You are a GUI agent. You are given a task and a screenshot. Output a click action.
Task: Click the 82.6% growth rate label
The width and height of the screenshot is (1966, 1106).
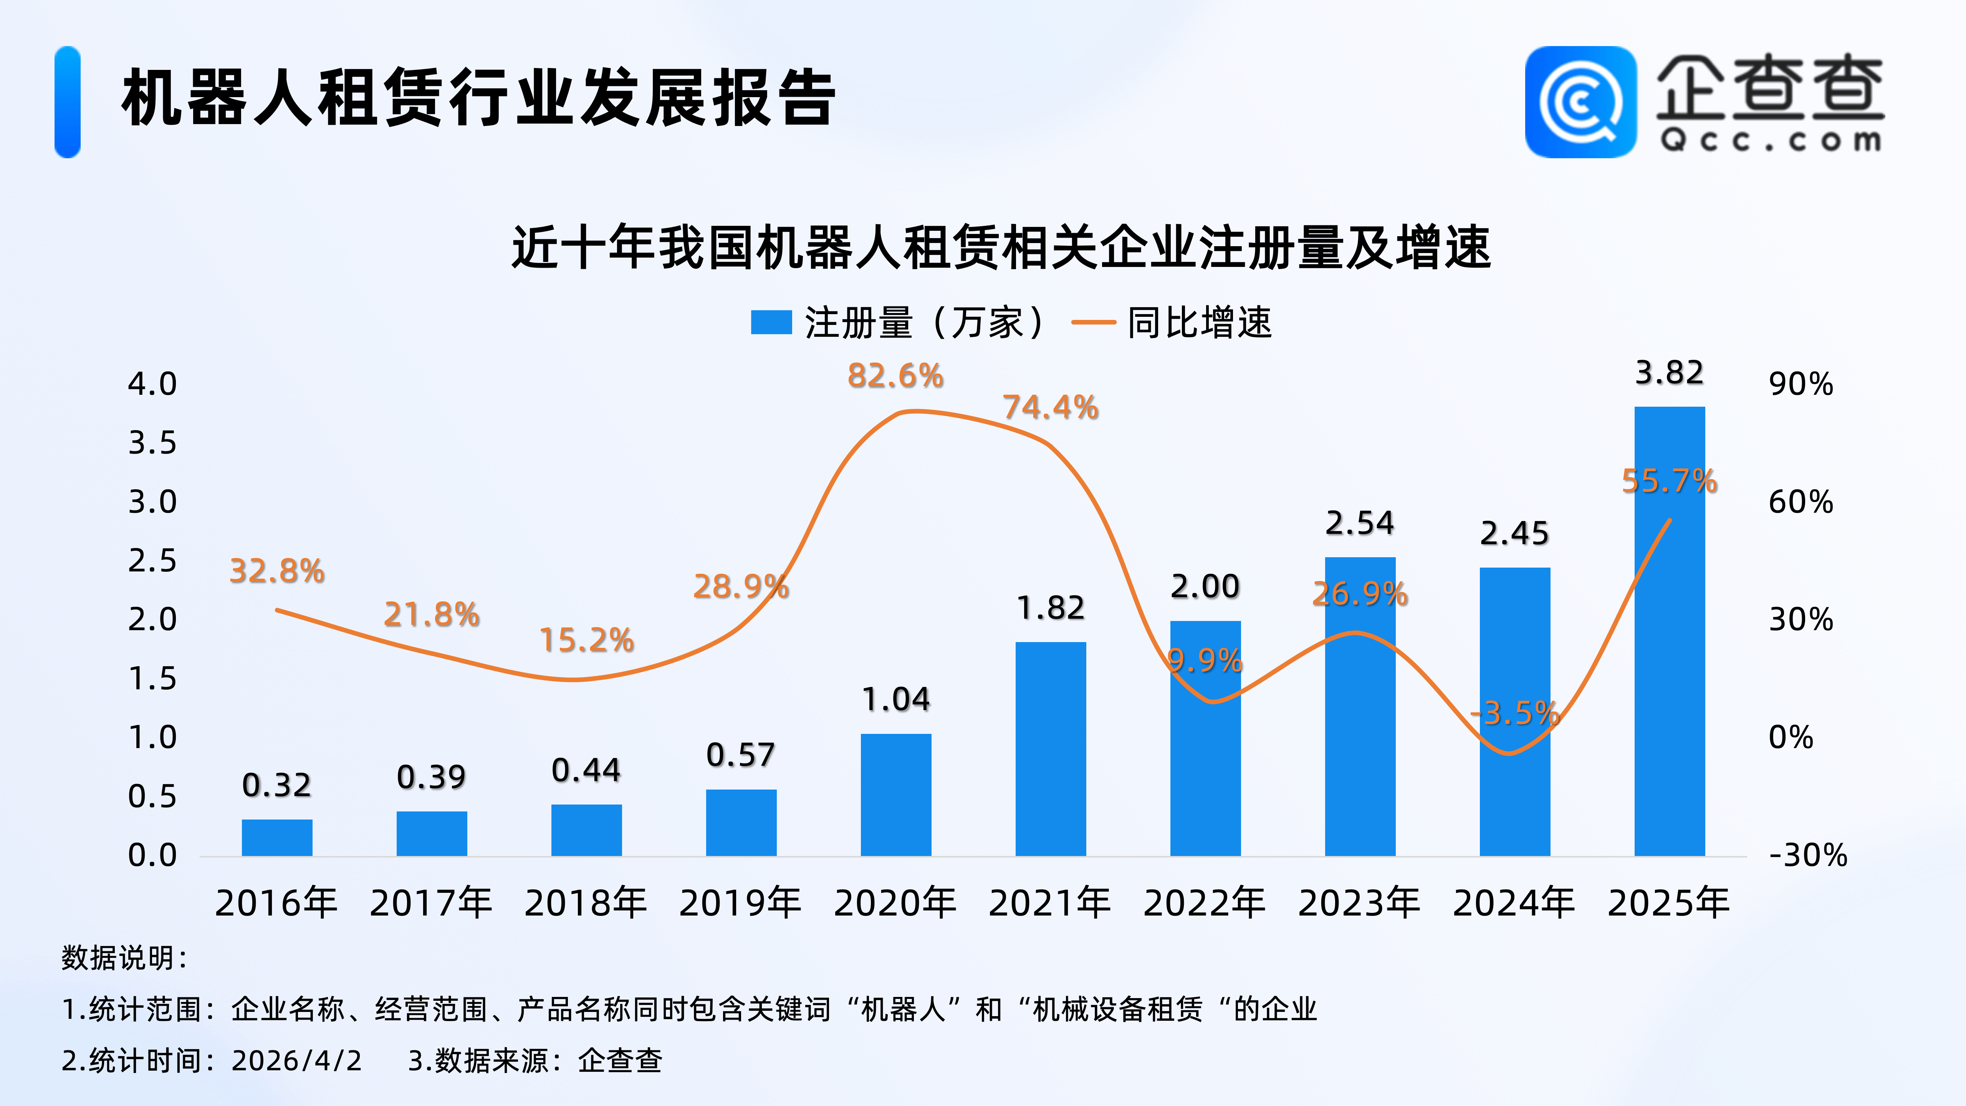pyautogui.click(x=895, y=376)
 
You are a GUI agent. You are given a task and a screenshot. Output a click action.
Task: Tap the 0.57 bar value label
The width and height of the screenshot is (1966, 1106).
pyautogui.click(x=740, y=755)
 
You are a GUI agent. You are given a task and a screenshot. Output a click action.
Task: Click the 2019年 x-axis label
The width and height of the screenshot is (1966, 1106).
pyautogui.click(x=740, y=903)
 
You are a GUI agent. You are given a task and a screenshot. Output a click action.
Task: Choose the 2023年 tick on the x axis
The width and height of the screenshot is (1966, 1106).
pyautogui.click(x=1359, y=903)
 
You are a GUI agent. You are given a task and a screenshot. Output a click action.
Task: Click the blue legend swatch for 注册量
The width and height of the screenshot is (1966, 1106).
pyautogui.click(x=771, y=322)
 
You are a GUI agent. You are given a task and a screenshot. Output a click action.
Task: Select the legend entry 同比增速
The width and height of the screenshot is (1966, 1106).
pyautogui.click(x=1198, y=322)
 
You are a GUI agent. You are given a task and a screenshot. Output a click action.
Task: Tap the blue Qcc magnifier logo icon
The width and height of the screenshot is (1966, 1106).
pyautogui.click(x=1580, y=102)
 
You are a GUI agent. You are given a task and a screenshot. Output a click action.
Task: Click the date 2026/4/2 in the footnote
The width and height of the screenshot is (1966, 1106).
pyautogui.click(x=296, y=1060)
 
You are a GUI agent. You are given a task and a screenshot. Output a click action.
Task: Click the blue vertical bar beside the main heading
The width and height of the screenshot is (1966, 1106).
pyautogui.click(x=67, y=102)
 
